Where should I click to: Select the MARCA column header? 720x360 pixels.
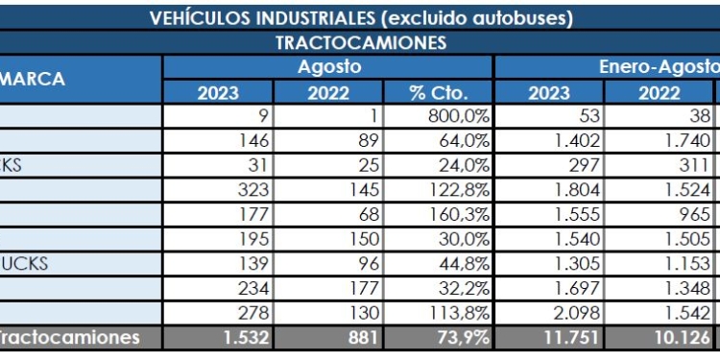tap(33, 80)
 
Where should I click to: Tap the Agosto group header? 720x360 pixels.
tap(328, 68)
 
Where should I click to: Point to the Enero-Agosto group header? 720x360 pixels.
tap(658, 68)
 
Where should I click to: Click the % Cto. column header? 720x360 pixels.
tap(438, 93)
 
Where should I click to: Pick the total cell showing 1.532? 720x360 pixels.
tap(228, 338)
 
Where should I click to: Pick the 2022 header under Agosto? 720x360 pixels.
tap(328, 93)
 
